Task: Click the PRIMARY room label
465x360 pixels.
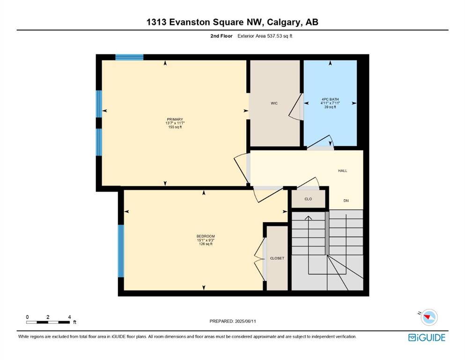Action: coord(175,120)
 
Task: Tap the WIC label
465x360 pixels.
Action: coord(274,103)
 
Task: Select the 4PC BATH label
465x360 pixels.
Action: coord(330,99)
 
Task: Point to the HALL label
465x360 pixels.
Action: coord(342,171)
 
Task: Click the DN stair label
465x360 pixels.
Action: coord(346,201)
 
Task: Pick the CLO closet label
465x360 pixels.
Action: coord(308,199)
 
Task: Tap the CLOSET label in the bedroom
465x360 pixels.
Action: coord(277,258)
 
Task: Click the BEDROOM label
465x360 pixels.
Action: coord(206,236)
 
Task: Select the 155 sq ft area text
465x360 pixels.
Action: coord(175,127)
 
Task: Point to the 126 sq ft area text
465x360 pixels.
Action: coord(206,244)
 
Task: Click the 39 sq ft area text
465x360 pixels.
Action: coord(330,107)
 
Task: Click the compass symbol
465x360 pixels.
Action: coord(429,317)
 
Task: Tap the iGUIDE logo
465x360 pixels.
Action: coord(427,337)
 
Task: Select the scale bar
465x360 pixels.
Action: coord(48,322)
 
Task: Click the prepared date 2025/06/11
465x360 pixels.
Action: coord(245,321)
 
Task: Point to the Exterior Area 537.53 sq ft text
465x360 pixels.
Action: coord(265,36)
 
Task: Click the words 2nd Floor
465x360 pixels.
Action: coord(221,36)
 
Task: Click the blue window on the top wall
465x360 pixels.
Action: coord(129,57)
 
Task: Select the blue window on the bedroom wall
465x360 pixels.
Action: coord(121,251)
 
